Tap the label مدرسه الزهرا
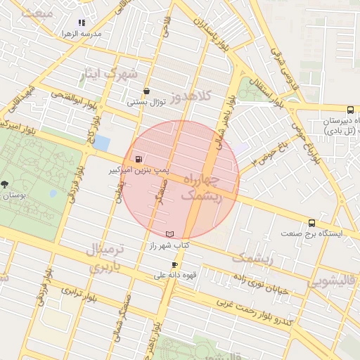click(82, 33)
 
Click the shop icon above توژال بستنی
click(146, 91)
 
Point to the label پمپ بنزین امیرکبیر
click(139, 169)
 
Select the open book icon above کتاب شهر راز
click(169, 233)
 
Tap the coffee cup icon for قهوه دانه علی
click(175, 264)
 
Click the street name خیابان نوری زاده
click(261, 281)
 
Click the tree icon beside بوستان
click(5, 184)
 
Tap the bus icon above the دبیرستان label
click(350, 110)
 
